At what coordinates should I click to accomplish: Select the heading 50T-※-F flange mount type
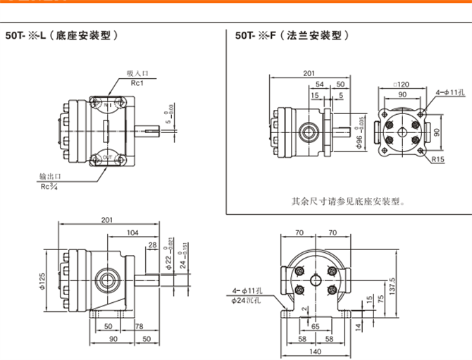[292, 34]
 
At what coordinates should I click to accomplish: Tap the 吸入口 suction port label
[137, 73]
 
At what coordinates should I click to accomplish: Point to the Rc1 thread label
[137, 82]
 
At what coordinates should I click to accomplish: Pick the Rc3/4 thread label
[49, 187]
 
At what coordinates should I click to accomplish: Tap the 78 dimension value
[139, 327]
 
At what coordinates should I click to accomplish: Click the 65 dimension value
[315, 326]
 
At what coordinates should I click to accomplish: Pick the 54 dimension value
[321, 84]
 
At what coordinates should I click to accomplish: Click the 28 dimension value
[153, 245]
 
